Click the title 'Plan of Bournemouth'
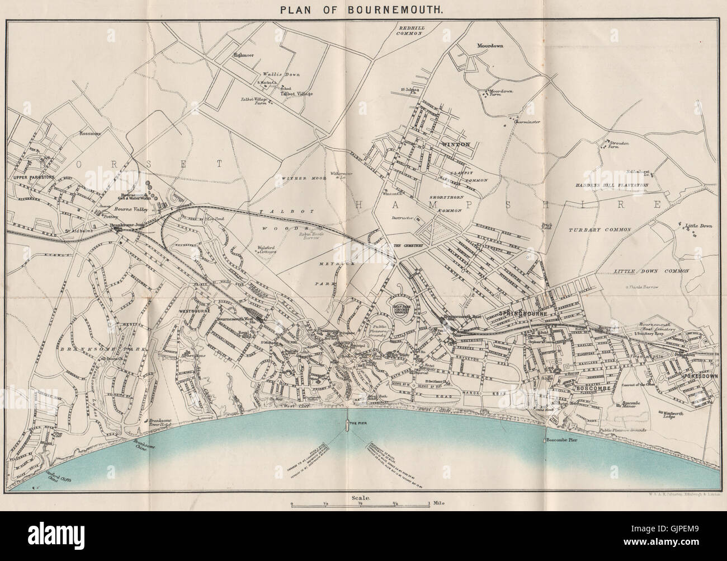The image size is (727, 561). coord(363,10)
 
